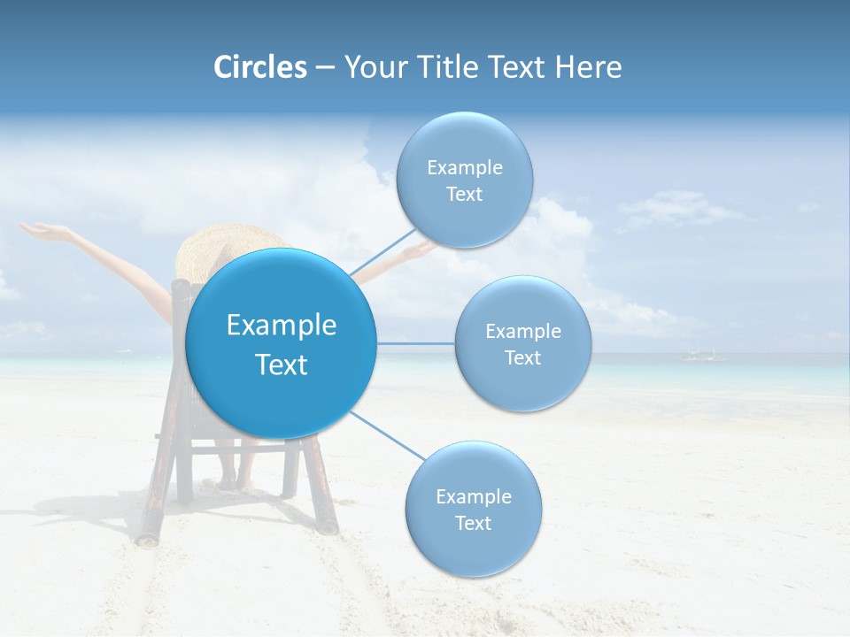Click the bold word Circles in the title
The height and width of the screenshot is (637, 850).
tap(259, 67)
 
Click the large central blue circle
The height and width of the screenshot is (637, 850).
tap(282, 343)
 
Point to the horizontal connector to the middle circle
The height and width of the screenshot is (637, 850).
tap(416, 343)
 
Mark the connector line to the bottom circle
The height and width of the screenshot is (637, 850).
tap(387, 434)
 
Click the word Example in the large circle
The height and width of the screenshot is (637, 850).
tap(282, 326)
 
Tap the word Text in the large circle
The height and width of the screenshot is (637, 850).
tap(282, 365)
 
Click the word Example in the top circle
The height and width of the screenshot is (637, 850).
tap(464, 168)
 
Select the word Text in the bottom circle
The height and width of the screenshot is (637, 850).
tap(473, 523)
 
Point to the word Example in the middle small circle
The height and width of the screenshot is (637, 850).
tap(522, 332)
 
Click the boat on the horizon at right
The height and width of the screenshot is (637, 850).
tap(703, 356)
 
